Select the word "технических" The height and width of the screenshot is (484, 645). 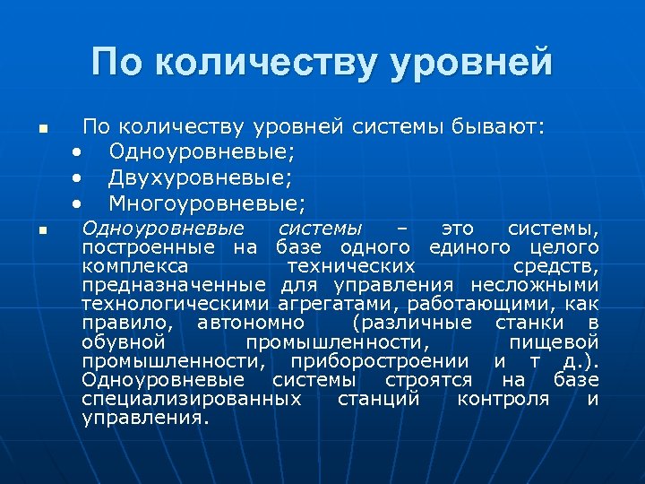(351, 266)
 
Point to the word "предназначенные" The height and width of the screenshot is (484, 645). (173, 285)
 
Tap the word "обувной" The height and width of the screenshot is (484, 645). (123, 341)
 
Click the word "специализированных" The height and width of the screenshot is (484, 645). (191, 398)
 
